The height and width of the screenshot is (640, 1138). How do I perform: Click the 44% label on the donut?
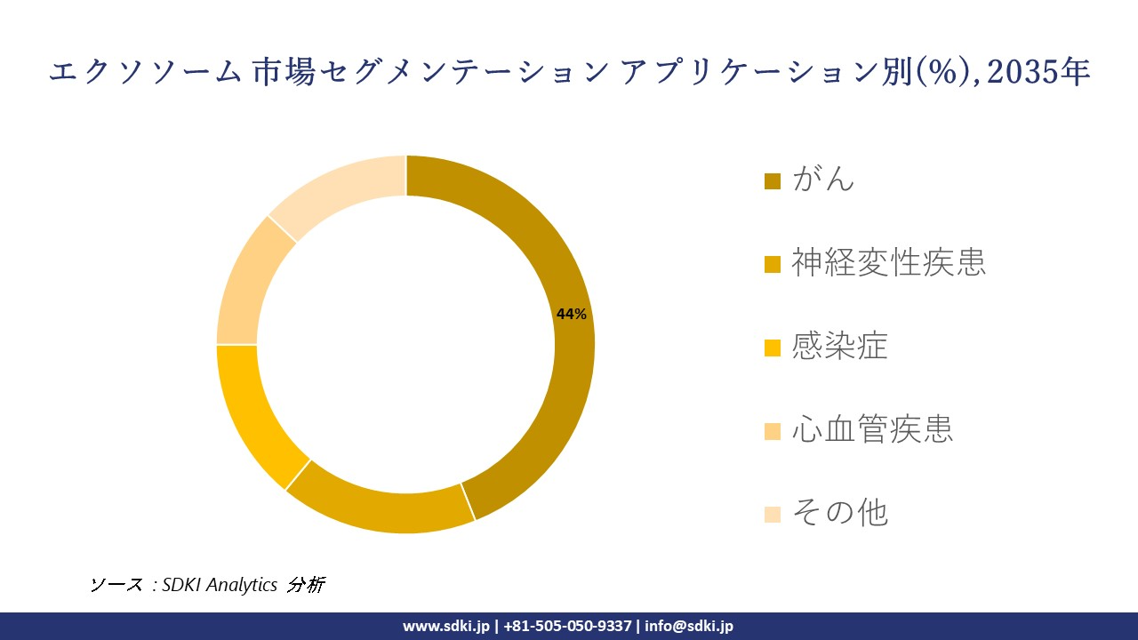click(x=571, y=314)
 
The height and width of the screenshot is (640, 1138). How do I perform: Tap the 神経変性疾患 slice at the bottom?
click(x=382, y=507)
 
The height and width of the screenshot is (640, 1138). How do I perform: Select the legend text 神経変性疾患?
click(x=888, y=263)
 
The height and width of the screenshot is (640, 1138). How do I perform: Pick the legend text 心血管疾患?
click(x=871, y=429)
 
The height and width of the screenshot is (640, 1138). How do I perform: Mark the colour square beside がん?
click(x=773, y=181)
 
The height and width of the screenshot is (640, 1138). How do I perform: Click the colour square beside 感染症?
click(x=773, y=348)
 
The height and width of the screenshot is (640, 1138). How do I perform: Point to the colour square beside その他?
click(x=773, y=514)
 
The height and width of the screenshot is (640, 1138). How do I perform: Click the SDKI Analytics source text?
click(x=219, y=584)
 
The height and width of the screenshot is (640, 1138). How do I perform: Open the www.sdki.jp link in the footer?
click(x=445, y=626)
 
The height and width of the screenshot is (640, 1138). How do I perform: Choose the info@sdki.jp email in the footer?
click(x=689, y=626)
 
